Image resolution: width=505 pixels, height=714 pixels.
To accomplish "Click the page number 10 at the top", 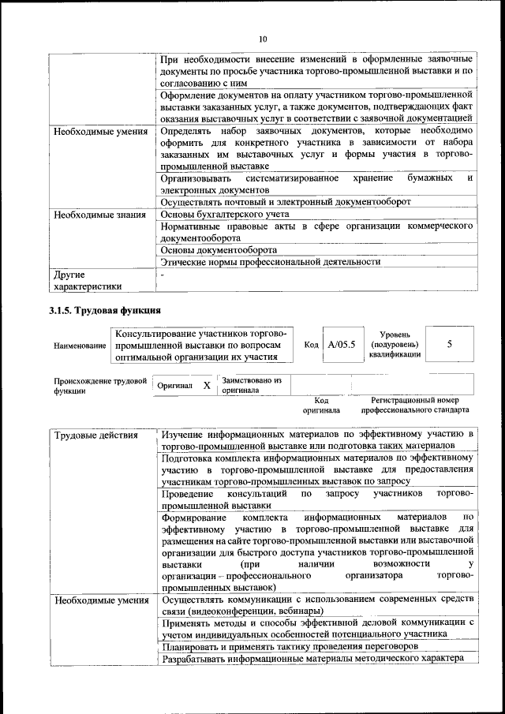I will [264, 39].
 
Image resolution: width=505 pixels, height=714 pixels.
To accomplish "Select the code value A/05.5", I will [342, 345].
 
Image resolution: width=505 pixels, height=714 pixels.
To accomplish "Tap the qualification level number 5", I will [450, 345].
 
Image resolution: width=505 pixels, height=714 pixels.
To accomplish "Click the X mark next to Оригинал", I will [206, 385].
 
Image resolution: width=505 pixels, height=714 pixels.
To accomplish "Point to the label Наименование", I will [80, 346].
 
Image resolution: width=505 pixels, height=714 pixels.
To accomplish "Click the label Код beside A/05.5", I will [311, 345].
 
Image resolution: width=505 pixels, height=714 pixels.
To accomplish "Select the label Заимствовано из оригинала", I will [245, 385].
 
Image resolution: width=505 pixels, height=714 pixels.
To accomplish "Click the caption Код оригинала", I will [321, 406].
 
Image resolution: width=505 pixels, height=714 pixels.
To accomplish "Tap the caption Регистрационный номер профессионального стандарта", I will [415, 406].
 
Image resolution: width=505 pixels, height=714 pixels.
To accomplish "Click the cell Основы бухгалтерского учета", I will [224, 214].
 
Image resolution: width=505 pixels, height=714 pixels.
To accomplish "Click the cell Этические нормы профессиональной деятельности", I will [270, 261].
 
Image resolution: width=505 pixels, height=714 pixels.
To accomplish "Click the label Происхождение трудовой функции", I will [100, 385].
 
